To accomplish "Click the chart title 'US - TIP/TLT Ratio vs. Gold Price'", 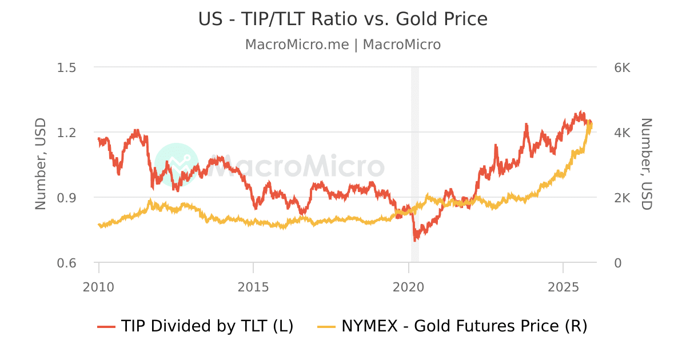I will click(x=343, y=19).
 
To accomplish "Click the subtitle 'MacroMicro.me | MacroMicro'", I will click(x=343, y=45).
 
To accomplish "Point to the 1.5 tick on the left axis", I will click(x=67, y=67).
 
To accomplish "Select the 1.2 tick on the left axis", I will click(x=67, y=133).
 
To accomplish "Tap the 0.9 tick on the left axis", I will click(x=67, y=198).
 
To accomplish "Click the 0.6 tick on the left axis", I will click(x=67, y=263).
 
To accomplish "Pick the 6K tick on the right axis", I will click(x=621, y=67).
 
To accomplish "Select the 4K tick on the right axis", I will click(x=621, y=133).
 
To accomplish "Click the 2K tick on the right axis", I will click(x=621, y=198).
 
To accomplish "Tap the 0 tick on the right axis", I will click(x=617, y=263).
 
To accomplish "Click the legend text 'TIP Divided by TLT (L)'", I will click(x=207, y=326).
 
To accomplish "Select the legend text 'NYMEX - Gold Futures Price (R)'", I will click(x=464, y=326).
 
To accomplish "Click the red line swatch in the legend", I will click(x=106, y=327).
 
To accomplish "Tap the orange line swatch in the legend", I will click(x=326, y=327).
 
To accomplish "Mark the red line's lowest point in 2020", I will click(x=415, y=240).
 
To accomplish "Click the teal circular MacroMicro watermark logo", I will click(x=177, y=165).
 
